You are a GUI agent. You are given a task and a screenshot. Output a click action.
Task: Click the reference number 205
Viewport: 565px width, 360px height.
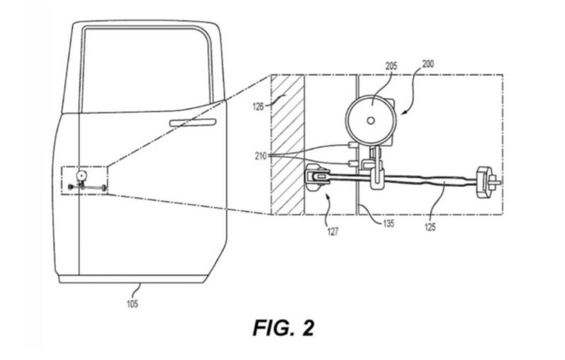391,66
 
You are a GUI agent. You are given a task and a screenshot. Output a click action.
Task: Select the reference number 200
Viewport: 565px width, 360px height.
428,64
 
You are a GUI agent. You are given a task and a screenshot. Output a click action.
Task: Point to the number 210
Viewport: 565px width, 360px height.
261,156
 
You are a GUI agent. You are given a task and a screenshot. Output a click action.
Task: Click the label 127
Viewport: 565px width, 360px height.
332,231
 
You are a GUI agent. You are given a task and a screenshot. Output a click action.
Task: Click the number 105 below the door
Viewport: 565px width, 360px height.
132,304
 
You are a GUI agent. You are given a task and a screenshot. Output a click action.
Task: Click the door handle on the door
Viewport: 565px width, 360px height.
193,123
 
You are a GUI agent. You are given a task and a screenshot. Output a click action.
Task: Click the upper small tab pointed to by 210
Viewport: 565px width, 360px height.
352,145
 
